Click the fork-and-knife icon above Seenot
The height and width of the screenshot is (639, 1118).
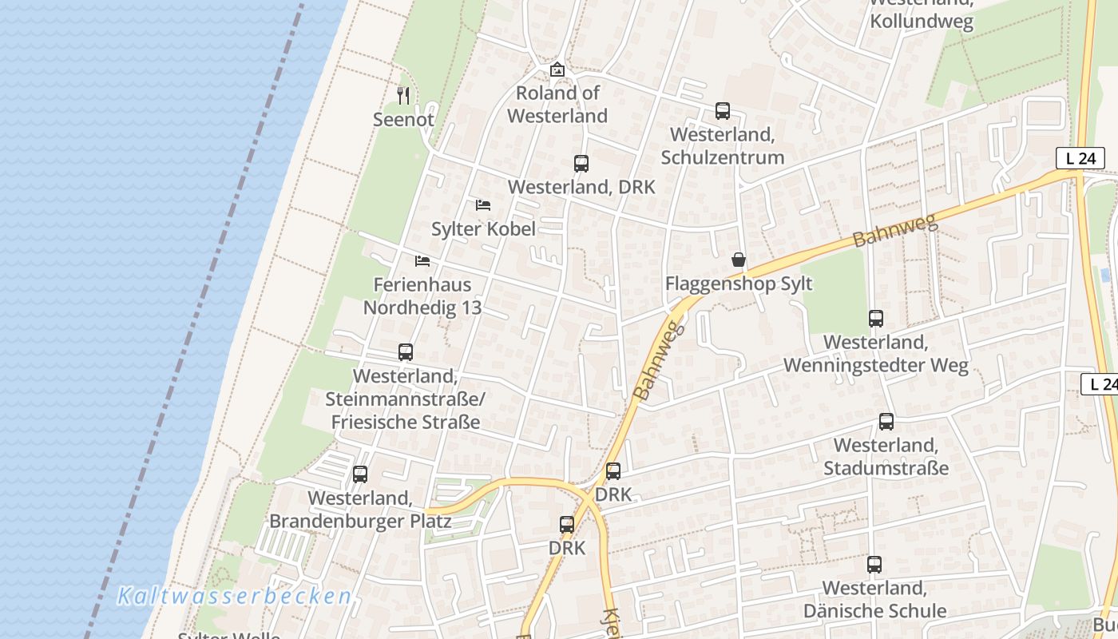click(x=403, y=96)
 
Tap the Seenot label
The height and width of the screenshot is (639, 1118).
click(x=403, y=120)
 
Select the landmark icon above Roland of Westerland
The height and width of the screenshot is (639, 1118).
click(x=557, y=70)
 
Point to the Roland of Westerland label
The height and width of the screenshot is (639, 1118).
click(x=557, y=105)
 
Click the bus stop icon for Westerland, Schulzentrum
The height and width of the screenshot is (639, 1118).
click(x=723, y=111)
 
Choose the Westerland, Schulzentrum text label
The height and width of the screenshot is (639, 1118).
click(x=723, y=145)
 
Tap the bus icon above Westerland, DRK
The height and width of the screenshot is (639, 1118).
click(x=581, y=164)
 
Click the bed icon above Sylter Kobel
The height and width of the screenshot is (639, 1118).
click(x=483, y=205)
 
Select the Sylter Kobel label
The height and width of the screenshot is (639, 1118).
click(x=483, y=229)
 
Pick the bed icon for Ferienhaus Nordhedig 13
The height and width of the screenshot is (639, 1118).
click(x=422, y=261)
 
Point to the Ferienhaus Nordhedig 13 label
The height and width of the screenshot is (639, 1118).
click(x=422, y=296)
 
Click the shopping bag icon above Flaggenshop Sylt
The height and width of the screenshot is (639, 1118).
click(x=739, y=260)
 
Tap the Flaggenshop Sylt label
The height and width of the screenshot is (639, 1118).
click(x=739, y=284)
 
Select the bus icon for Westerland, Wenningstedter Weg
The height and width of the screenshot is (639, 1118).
click(x=876, y=319)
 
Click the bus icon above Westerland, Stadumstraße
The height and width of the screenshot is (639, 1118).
click(x=886, y=422)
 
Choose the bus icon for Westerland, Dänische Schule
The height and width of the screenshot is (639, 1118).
click(x=874, y=565)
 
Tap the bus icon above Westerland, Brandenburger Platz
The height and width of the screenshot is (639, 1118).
click(x=360, y=474)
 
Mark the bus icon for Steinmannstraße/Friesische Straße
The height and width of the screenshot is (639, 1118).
click(x=406, y=352)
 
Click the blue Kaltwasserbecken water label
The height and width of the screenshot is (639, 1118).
click(x=234, y=597)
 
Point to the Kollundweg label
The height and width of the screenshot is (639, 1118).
click(x=922, y=22)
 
